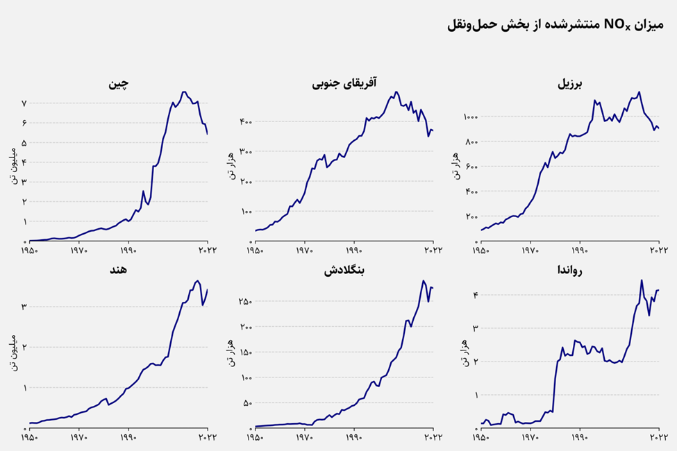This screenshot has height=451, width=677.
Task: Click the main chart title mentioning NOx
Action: pyautogui.click(x=555, y=26)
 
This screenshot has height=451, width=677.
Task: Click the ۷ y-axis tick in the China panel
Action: pyautogui.click(x=24, y=103)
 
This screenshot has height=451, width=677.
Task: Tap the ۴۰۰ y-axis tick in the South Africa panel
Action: pyautogui.click(x=245, y=122)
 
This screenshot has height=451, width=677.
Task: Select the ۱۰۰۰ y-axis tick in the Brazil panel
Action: pyautogui.click(x=469, y=117)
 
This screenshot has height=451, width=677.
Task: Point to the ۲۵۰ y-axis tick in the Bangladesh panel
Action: pyautogui.click(x=245, y=302)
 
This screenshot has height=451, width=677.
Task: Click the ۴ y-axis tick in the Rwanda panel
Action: pyautogui.click(x=475, y=296)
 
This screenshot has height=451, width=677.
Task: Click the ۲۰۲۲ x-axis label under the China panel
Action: pyautogui.click(x=207, y=250)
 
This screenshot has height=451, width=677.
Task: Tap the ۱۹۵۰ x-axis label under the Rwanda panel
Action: pyautogui.click(x=480, y=439)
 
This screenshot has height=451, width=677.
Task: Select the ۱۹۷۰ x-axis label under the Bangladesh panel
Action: pyautogui.click(x=305, y=439)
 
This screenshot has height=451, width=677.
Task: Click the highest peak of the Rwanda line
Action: pyautogui.click(x=641, y=280)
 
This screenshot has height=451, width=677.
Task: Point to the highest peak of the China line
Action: pyautogui.click(x=184, y=92)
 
